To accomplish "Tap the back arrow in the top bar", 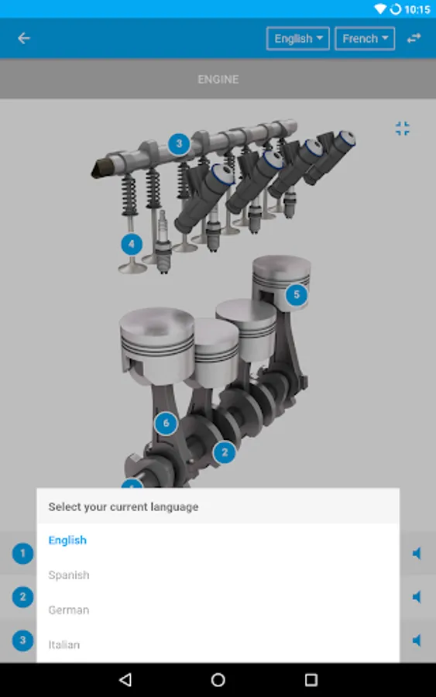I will point(24,38).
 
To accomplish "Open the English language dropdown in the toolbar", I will point(298,39).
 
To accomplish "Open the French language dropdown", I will point(365,39).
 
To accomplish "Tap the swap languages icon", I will point(414,38).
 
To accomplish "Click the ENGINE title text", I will point(218,79).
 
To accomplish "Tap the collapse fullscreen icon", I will point(402,129).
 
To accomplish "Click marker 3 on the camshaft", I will point(179,144).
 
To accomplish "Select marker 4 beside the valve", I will point(132,245).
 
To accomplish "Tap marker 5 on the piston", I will point(296,294).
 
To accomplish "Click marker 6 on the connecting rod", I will point(165,424).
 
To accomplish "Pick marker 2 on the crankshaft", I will point(224,452).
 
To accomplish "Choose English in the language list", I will point(67,541).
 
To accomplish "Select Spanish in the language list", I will point(69,575).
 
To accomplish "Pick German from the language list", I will point(69,610).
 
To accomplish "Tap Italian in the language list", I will point(64,644).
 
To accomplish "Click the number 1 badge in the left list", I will point(22,553).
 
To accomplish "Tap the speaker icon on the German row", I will point(417,597).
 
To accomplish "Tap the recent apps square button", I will point(311,680).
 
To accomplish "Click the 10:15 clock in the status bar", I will point(417,9).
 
